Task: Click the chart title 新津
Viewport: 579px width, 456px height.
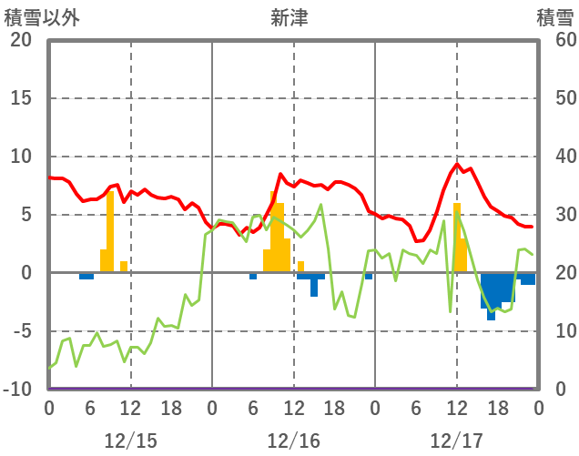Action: point(289,17)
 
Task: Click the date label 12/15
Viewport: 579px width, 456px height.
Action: point(130,441)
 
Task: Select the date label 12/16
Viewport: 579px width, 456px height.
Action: point(293,441)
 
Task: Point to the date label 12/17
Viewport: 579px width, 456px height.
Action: point(456,441)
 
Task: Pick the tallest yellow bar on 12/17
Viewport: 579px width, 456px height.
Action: point(457,237)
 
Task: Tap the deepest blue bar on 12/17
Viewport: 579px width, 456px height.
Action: point(491,296)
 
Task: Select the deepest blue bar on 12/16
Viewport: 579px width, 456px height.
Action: point(314,285)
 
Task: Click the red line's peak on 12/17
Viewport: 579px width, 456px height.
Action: point(457,165)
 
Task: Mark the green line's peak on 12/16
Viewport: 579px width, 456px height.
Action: point(320,205)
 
